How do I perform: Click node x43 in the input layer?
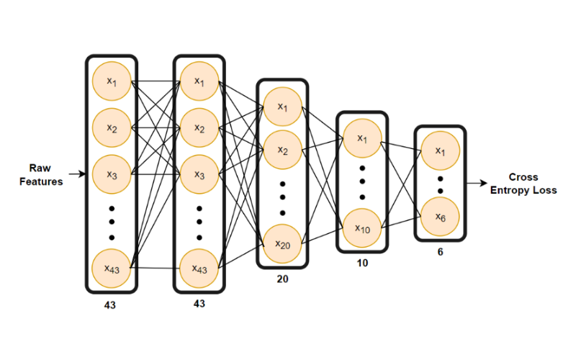[112, 268]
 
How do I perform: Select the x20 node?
[282, 244]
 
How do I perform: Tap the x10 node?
[362, 229]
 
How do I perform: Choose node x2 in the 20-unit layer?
[282, 151]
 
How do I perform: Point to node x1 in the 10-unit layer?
[362, 139]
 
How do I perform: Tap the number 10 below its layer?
[362, 264]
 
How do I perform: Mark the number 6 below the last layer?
[439, 251]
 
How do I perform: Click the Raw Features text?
[41, 175]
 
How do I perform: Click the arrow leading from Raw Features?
[76, 174]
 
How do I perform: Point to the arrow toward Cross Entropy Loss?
[476, 183]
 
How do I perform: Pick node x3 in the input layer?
[112, 174]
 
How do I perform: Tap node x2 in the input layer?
[112, 127]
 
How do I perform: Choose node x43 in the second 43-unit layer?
[199, 268]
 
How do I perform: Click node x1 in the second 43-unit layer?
[199, 81]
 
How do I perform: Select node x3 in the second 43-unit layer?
[199, 174]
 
